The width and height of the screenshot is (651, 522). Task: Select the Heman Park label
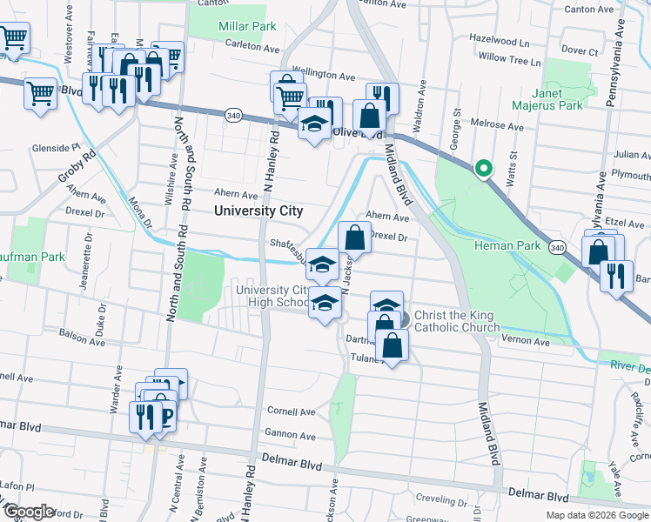507,246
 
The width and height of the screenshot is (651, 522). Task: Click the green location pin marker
482,169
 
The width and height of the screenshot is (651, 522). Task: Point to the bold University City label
258,211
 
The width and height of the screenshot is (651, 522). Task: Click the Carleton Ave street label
252,44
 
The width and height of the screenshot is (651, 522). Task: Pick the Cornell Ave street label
290,411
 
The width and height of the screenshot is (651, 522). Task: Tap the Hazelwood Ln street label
499,41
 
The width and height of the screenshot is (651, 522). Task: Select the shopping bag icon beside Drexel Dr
354,237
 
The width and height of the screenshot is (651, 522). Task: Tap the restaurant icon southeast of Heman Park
616,277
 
